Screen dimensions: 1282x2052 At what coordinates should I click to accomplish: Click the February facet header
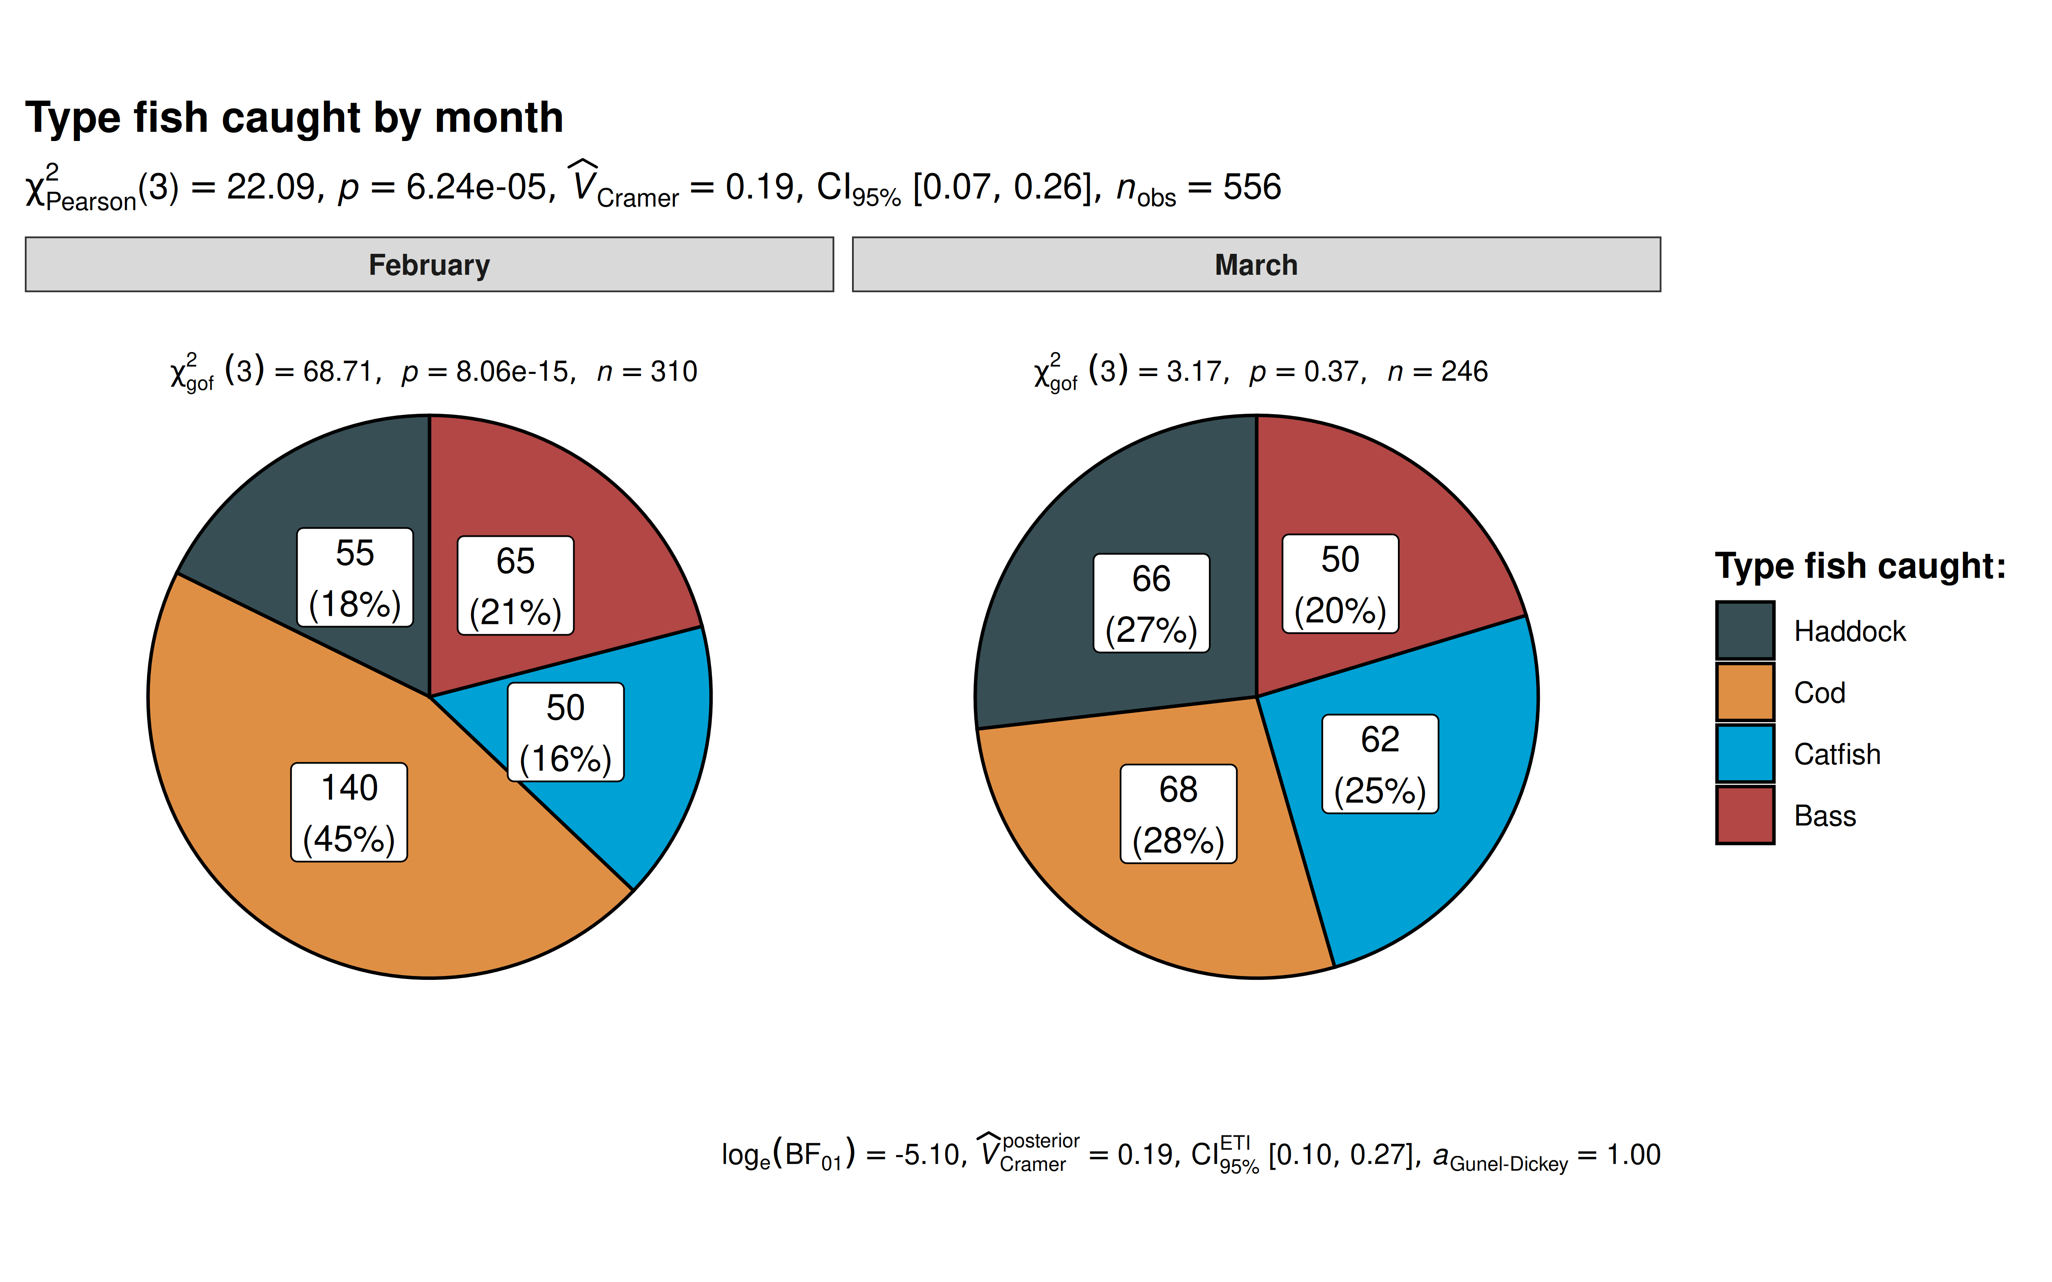click(x=429, y=265)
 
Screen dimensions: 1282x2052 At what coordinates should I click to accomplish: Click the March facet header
click(x=1256, y=265)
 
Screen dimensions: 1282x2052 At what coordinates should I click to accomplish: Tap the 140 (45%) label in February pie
click(x=349, y=812)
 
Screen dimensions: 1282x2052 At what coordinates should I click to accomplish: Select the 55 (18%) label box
click(x=355, y=577)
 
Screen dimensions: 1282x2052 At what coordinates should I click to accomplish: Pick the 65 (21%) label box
click(x=516, y=585)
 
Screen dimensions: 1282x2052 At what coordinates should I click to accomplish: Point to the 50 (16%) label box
click(x=566, y=732)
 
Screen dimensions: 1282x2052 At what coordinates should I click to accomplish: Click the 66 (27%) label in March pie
click(x=1152, y=603)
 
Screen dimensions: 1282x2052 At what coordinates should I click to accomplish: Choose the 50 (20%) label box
click(x=1340, y=583)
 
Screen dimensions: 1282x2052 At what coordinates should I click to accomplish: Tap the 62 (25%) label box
click(x=1380, y=764)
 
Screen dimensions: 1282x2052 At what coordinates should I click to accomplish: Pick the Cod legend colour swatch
click(x=1745, y=692)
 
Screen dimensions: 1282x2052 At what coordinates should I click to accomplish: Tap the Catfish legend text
click(x=1837, y=754)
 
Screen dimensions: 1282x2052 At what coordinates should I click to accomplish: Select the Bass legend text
click(x=1825, y=816)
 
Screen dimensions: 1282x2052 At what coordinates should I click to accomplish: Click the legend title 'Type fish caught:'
click(x=1860, y=565)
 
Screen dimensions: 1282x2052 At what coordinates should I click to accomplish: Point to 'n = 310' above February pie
click(x=647, y=371)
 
